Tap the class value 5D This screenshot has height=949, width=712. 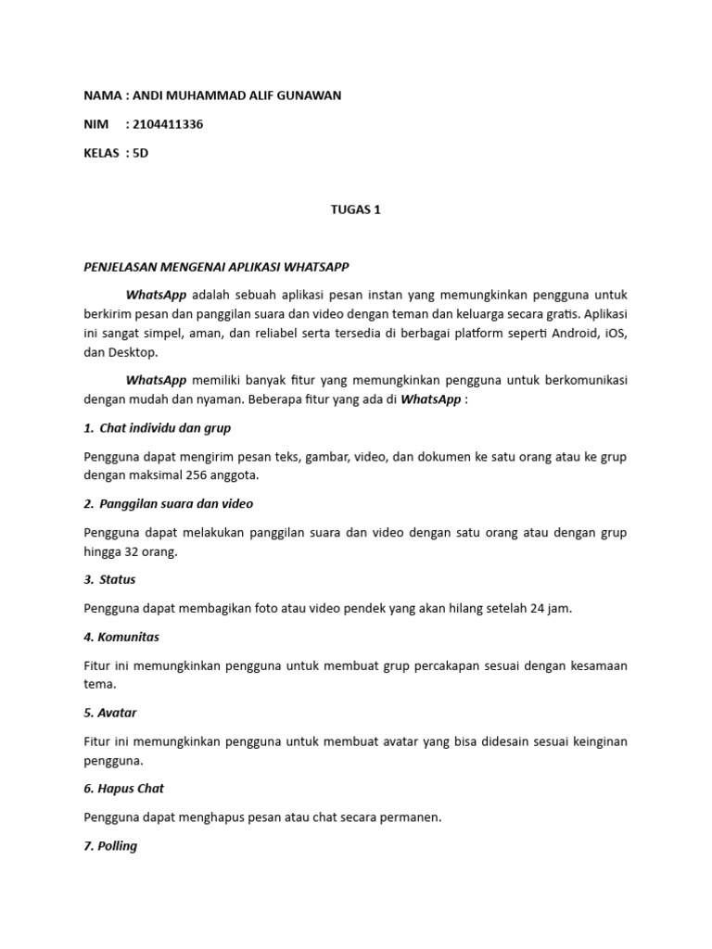click(x=140, y=153)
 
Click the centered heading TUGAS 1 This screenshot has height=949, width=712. click(x=356, y=209)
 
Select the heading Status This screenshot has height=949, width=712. click(x=117, y=579)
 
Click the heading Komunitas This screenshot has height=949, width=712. click(x=129, y=637)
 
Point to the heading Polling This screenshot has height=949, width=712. click(x=117, y=846)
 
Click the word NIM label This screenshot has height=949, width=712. click(x=95, y=125)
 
